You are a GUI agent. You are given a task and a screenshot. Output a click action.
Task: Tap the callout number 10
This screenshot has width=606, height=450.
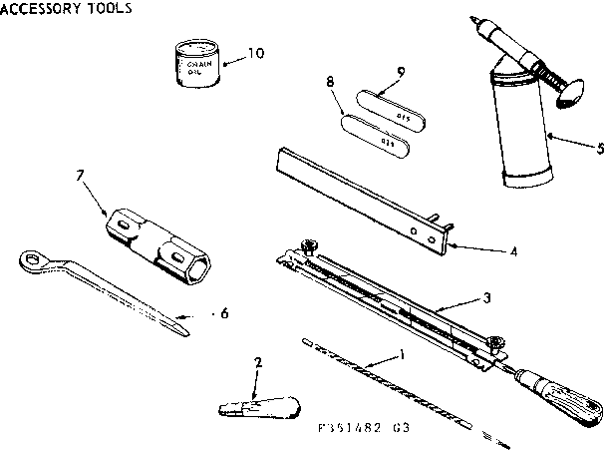[256, 53]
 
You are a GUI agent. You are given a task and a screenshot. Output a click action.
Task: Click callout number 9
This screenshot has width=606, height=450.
[400, 72]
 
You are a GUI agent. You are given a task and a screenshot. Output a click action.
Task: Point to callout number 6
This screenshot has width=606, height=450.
[224, 313]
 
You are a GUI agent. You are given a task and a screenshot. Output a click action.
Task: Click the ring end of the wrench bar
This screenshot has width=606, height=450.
[35, 261]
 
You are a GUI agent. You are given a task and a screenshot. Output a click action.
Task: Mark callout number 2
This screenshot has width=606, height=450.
[259, 364]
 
